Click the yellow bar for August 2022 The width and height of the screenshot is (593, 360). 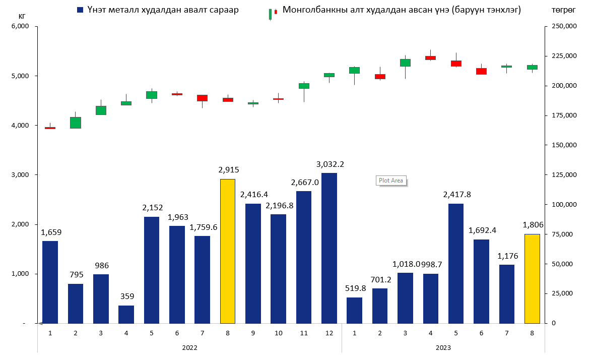click(x=228, y=251)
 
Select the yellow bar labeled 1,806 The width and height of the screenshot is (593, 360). click(x=532, y=278)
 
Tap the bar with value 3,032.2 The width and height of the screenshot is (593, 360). click(x=329, y=248)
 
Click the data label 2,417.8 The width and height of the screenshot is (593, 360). click(x=455, y=195)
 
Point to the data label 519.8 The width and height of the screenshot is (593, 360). click(x=354, y=288)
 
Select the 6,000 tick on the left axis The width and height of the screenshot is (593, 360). click(x=21, y=26)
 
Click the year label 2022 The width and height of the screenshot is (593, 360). click(x=189, y=348)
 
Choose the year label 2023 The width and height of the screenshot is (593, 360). click(x=443, y=348)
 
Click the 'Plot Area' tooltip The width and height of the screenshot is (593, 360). click(x=391, y=181)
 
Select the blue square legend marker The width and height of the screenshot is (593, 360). click(x=80, y=10)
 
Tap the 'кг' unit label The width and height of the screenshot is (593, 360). click(x=22, y=16)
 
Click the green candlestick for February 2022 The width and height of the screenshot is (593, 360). click(x=76, y=123)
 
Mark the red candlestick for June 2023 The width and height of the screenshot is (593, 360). click(x=481, y=71)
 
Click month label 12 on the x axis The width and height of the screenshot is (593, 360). click(x=329, y=333)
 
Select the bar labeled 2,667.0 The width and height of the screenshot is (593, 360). click(x=304, y=257)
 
